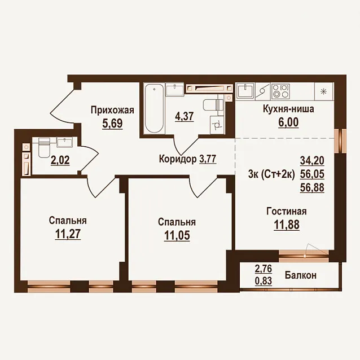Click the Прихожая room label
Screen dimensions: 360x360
tap(112, 110)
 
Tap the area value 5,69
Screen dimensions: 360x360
tap(112, 124)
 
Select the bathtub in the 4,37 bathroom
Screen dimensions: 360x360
tap(154, 108)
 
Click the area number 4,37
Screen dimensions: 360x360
tap(185, 116)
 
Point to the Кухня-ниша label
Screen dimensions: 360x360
tap(288, 109)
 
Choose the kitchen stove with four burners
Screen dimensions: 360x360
tap(280, 91)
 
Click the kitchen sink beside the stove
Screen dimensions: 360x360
tap(245, 91)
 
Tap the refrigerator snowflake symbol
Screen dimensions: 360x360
tap(323, 91)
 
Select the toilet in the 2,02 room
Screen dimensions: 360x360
tap(44, 147)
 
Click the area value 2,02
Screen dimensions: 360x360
tap(60, 160)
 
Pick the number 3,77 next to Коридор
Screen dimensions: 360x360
tap(208, 159)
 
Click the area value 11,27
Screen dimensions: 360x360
tap(68, 234)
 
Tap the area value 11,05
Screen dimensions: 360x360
tap(177, 235)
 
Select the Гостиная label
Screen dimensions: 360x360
tap(286, 211)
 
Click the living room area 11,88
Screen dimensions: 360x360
tap(287, 225)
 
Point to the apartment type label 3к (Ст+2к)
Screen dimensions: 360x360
tap(271, 175)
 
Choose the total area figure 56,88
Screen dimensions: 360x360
tap(312, 187)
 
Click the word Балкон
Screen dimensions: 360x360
tap(301, 275)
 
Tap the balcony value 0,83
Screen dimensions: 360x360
tap(264, 280)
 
